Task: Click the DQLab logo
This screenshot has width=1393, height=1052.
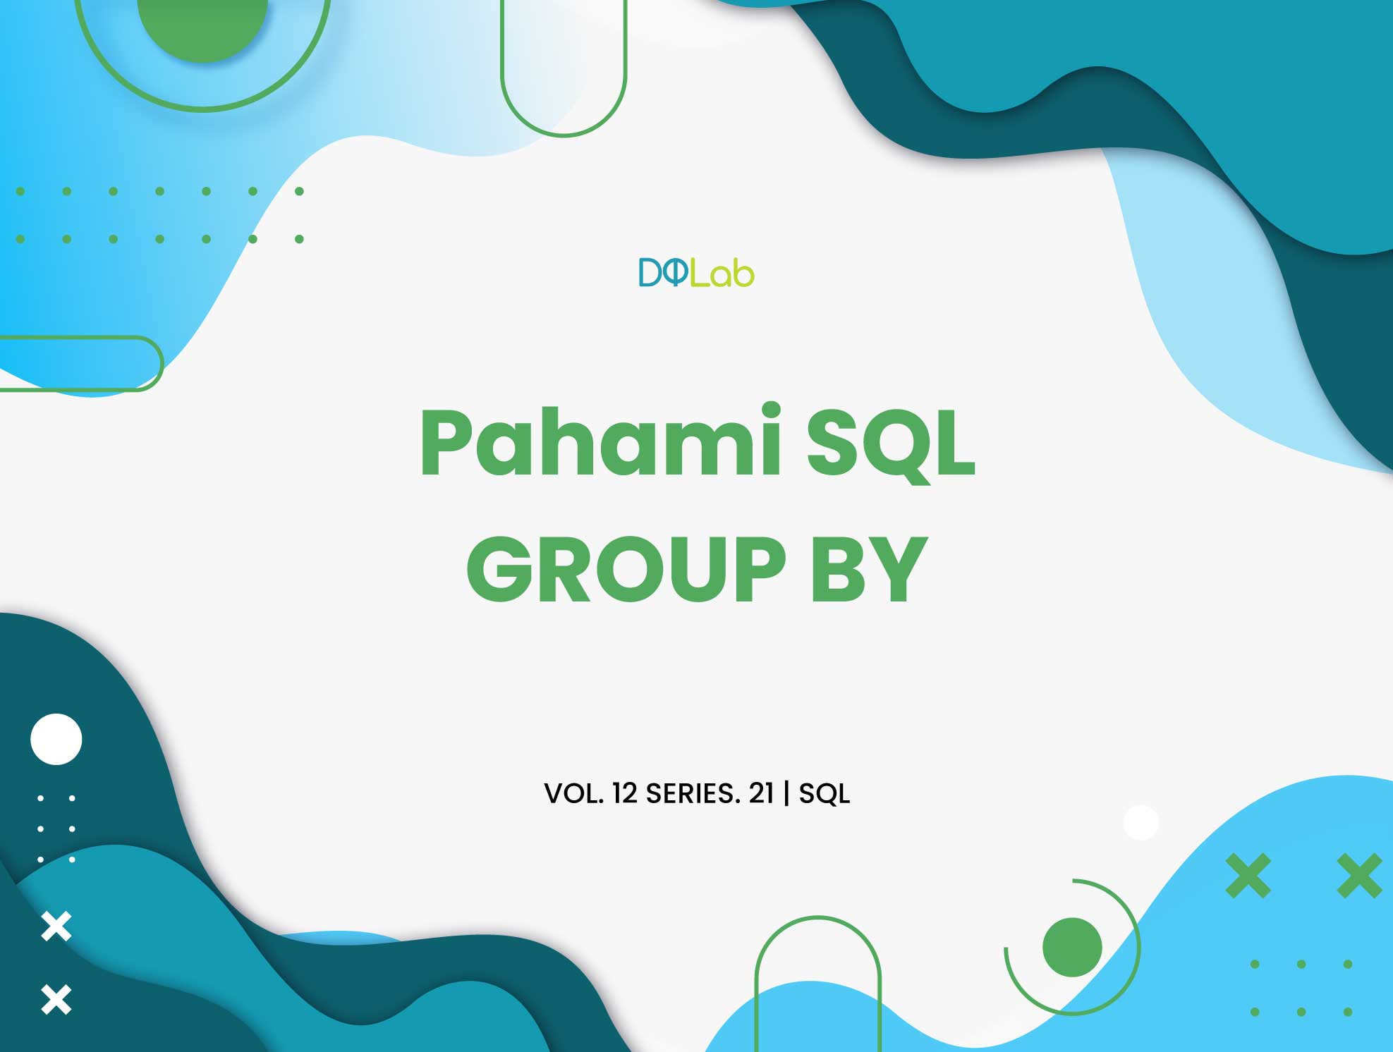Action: (x=696, y=273)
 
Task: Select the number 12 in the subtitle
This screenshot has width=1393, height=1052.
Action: (x=625, y=794)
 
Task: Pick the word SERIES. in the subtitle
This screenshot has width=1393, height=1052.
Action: (x=693, y=794)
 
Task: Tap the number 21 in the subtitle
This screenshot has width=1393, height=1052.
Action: (x=761, y=794)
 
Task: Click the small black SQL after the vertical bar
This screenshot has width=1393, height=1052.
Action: (x=824, y=794)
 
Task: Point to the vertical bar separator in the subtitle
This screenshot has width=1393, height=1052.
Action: (x=787, y=794)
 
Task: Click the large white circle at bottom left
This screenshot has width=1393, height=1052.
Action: (x=56, y=739)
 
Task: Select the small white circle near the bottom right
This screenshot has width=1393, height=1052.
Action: (x=1140, y=822)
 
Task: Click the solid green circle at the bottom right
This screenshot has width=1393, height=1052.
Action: (x=1072, y=947)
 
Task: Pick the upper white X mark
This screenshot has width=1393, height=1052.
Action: (x=56, y=926)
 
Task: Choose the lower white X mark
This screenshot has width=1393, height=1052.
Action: (x=56, y=1000)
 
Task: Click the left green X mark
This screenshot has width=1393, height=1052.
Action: (x=1248, y=876)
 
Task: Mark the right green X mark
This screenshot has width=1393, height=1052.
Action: (x=1359, y=876)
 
